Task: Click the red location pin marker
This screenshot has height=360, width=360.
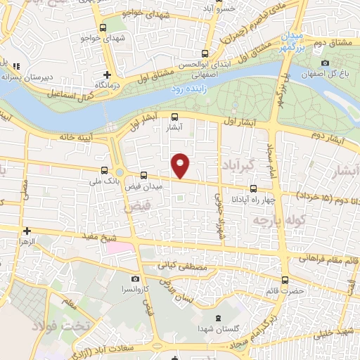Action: click(x=181, y=165)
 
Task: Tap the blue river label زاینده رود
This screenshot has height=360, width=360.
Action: click(x=186, y=90)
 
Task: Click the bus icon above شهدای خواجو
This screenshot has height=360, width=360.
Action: click(x=103, y=28)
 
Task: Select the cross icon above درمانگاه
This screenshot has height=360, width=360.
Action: click(x=107, y=75)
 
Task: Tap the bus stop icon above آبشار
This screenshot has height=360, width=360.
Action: click(x=174, y=118)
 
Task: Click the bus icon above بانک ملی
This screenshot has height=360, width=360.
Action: click(x=104, y=169)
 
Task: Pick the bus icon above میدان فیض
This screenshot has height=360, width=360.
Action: click(x=143, y=174)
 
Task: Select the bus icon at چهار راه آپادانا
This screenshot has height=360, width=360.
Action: click(x=254, y=188)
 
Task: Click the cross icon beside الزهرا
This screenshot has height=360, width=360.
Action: click(x=27, y=231)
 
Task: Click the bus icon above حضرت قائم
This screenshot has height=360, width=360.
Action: click(x=284, y=280)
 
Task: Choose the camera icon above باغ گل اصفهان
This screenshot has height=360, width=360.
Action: click(x=326, y=63)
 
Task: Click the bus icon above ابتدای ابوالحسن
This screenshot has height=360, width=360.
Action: click(x=205, y=53)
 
